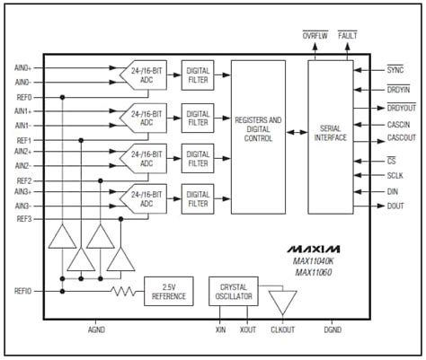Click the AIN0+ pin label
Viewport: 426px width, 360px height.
[22, 67]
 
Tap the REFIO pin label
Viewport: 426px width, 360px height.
[22, 291]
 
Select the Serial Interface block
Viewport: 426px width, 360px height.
[331, 137]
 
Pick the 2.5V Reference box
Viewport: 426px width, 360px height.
[169, 292]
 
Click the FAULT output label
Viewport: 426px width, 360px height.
[349, 35]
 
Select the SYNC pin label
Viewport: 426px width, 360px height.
[395, 69]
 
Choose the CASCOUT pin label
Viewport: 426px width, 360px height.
[400, 137]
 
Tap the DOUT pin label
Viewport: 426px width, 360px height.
[395, 206]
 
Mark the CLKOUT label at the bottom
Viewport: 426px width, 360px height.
[283, 329]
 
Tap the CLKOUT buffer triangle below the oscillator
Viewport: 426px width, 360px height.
[282, 300]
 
